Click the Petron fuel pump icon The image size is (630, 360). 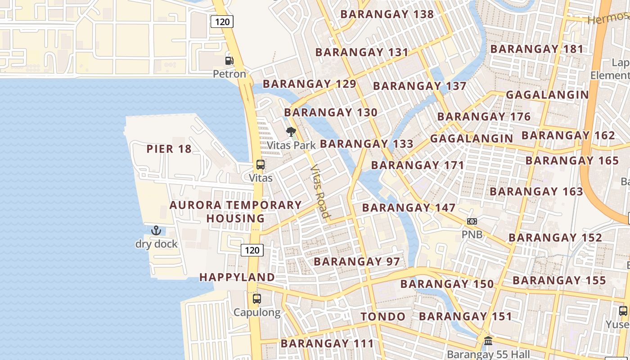tap(229, 60)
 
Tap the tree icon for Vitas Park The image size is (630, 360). tap(291, 132)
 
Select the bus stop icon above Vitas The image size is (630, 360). tap(261, 165)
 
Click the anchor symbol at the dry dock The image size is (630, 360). tap(156, 231)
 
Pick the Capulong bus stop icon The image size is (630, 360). tap(257, 298)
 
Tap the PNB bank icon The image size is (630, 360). tap(472, 221)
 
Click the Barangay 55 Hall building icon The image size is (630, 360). tap(488, 341)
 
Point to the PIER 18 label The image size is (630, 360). tap(169, 149)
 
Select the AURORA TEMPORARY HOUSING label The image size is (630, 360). tap(235, 211)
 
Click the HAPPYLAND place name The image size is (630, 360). tap(237, 277)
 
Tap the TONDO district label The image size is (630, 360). tap(383, 317)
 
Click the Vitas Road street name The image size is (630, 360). tap(320, 192)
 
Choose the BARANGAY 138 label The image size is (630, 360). tap(387, 14)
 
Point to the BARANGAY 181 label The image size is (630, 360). tap(537, 49)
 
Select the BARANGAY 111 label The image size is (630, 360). tap(327, 344)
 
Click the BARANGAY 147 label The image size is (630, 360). tap(409, 208)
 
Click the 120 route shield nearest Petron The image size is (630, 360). tap(222, 21)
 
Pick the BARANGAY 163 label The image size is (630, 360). tap(536, 192)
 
